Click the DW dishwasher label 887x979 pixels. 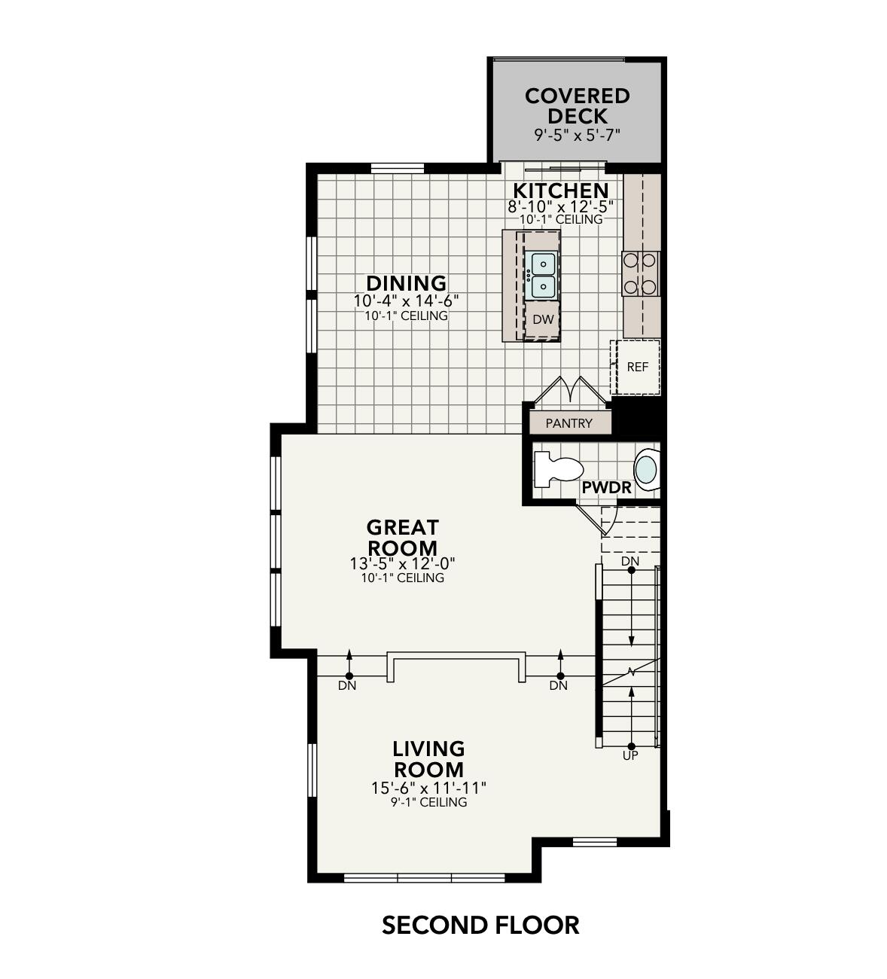click(543, 319)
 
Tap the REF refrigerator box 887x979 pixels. click(637, 367)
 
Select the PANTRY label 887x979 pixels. click(568, 423)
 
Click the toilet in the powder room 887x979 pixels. click(557, 468)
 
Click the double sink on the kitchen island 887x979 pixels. click(543, 275)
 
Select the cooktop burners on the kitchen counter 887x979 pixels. click(640, 273)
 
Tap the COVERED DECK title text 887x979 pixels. click(577, 106)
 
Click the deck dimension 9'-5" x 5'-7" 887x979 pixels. click(577, 136)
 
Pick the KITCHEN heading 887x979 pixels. click(560, 191)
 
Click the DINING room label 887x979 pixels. click(406, 283)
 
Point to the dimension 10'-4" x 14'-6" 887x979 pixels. click(406, 300)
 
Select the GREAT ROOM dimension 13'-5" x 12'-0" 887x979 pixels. click(402, 563)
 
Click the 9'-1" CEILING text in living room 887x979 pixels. click(428, 803)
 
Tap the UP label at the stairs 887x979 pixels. click(630, 755)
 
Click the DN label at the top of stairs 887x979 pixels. click(630, 562)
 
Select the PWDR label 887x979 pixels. click(606, 488)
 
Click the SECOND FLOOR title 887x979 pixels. click(480, 925)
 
